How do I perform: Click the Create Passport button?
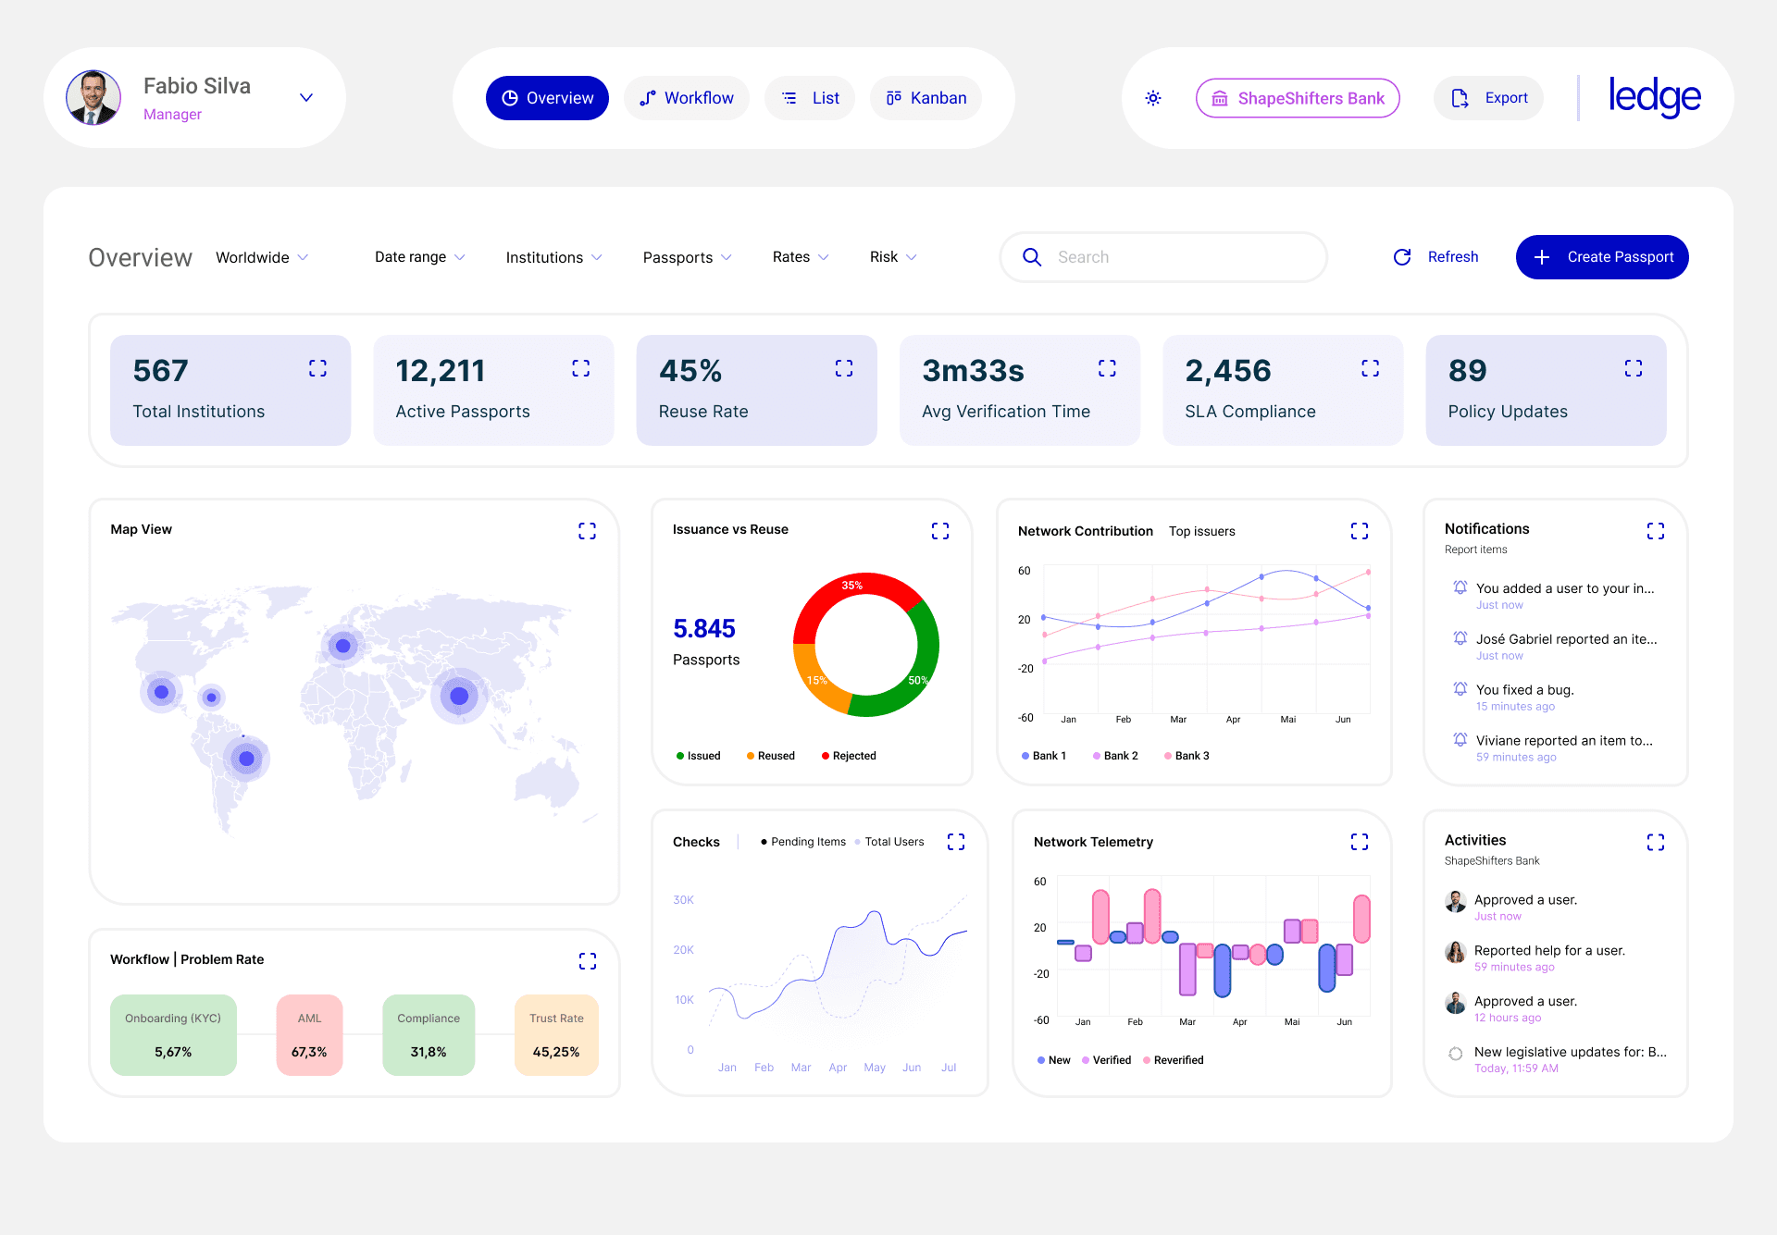[1602, 257]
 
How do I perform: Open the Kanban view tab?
[926, 98]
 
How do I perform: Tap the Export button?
[1488, 98]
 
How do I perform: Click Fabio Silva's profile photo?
[93, 97]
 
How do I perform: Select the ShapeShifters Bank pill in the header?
[1298, 98]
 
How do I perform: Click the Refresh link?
[1436, 257]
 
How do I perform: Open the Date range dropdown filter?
[420, 257]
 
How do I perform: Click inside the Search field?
[1163, 257]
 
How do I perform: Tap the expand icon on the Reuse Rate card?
[844, 368]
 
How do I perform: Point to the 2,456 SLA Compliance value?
[1228, 371]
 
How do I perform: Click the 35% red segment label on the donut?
[852, 586]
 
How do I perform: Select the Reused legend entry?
[771, 756]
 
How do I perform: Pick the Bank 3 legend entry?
[1187, 756]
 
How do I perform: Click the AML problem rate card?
[309, 1035]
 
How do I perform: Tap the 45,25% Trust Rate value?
[556, 1052]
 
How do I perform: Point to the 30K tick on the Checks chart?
[684, 900]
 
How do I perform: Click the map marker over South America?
[246, 759]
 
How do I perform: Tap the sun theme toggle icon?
[1153, 98]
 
